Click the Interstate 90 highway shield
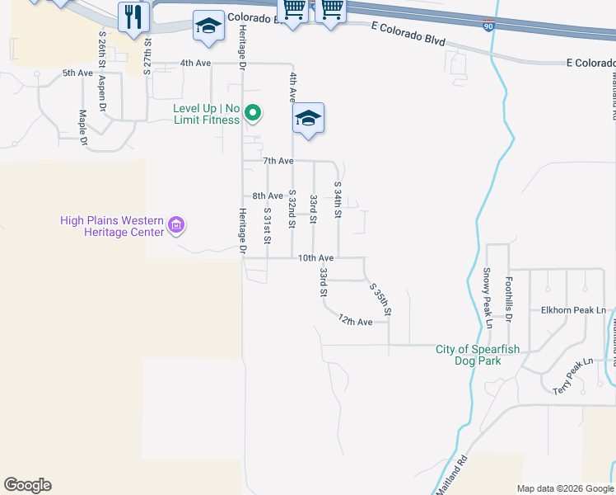(x=489, y=26)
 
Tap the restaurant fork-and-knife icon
(x=132, y=16)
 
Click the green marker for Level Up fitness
(x=254, y=114)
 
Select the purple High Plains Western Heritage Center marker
(x=175, y=224)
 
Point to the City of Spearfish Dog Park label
(x=478, y=355)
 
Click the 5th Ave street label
(x=77, y=73)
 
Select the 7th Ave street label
(x=278, y=160)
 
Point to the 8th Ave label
(x=268, y=196)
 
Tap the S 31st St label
(x=267, y=225)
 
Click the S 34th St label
(x=338, y=200)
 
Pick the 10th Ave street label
(x=315, y=258)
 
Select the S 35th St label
(x=380, y=301)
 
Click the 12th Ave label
(x=356, y=322)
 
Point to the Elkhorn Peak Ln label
(x=573, y=311)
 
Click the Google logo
(x=28, y=485)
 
